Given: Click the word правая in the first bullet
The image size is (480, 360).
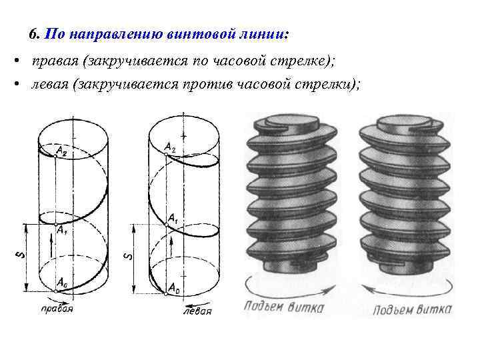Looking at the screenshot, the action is (54, 61).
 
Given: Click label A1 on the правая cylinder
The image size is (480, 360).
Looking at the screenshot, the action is (61, 231).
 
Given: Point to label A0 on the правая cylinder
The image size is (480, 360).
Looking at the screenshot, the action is (62, 283).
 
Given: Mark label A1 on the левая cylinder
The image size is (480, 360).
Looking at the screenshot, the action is (173, 217).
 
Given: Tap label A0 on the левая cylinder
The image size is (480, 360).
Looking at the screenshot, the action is (173, 288).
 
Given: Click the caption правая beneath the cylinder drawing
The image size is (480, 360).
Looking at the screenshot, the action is (56, 309).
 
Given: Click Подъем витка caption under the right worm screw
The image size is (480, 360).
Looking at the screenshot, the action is (412, 309).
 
